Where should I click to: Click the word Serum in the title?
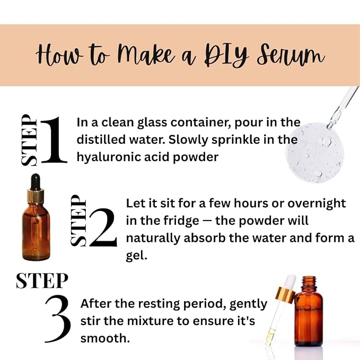291,55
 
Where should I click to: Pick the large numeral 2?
103,227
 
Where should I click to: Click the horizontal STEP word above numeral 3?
42,280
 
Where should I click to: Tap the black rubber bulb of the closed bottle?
35,181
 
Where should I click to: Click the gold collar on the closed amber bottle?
36,197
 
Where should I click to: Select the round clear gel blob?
314,153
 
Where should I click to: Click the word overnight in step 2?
317,203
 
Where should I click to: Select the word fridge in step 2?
181,221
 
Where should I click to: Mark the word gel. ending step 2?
136,256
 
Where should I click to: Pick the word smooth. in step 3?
105,338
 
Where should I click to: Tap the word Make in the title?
146,55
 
